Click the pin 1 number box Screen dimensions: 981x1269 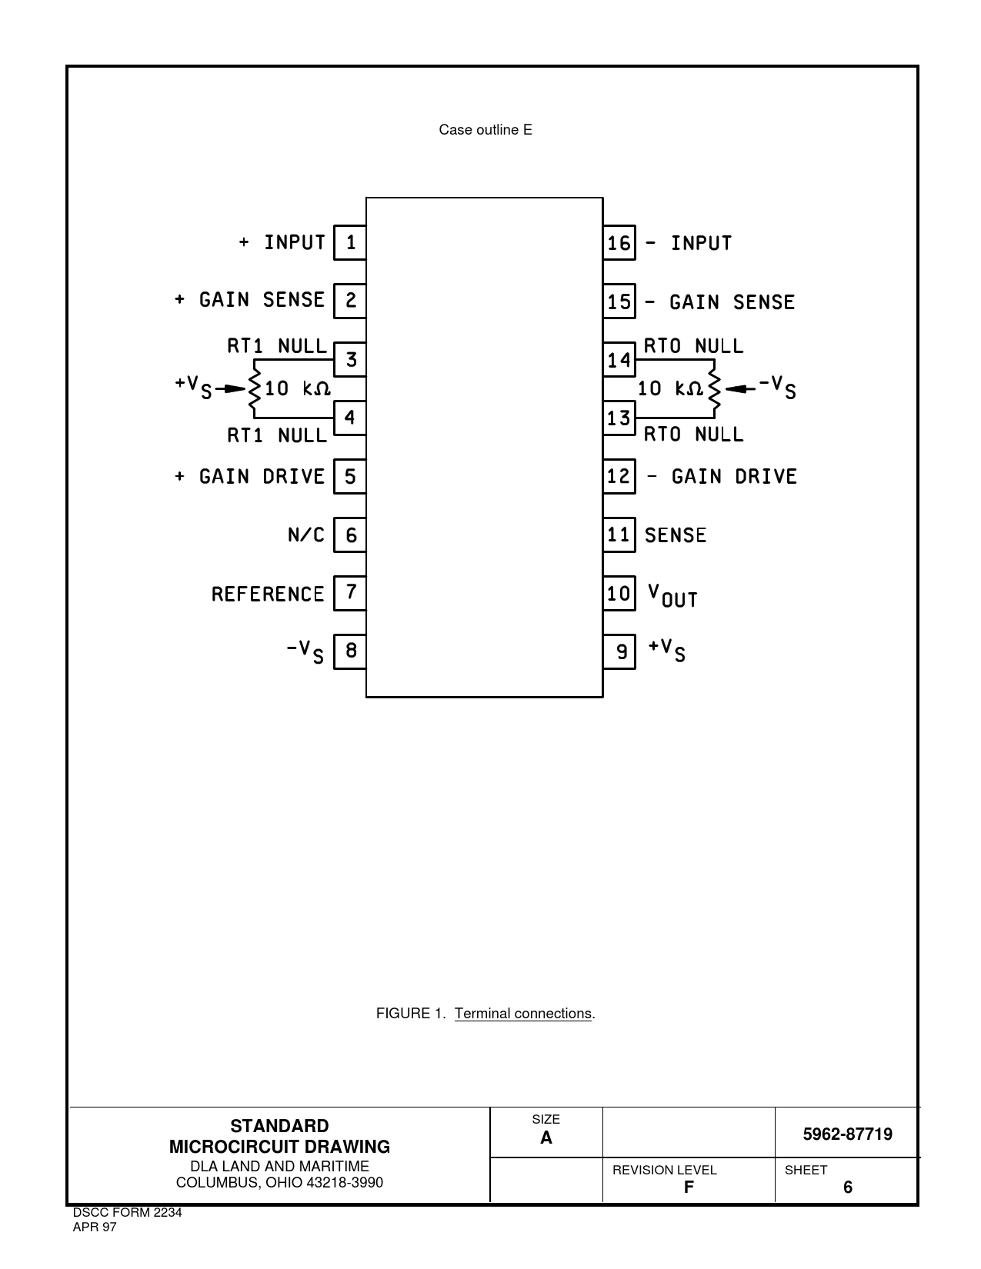350,242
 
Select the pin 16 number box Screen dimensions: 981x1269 619,242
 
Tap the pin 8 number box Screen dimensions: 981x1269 350,651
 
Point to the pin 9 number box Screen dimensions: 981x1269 619,651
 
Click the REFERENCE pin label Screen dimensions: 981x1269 268,594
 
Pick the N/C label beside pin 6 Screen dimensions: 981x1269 305,535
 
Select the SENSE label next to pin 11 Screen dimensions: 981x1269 676,535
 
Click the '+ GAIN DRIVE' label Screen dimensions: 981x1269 249,477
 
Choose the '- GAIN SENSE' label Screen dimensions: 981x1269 720,302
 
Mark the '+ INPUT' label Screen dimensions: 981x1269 282,242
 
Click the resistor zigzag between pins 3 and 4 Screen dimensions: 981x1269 254,388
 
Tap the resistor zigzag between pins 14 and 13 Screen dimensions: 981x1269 715,388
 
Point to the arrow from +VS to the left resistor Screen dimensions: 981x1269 231,388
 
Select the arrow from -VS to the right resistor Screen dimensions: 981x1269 739,388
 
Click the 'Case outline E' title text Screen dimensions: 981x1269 485,130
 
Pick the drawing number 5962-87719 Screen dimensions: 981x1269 847,1134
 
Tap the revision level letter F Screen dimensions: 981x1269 689,1187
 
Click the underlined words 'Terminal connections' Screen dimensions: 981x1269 523,1013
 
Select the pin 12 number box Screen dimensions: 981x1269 619,476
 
